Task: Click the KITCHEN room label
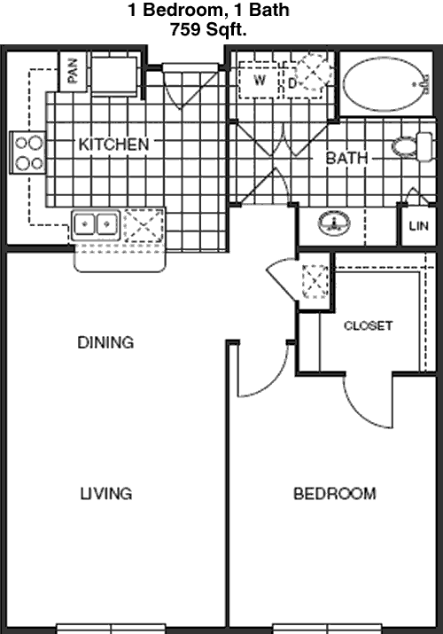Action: (114, 145)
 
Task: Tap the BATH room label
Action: (347, 158)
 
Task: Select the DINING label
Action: (105, 342)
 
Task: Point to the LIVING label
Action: (106, 494)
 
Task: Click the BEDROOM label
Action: (335, 494)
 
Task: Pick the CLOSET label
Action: (368, 325)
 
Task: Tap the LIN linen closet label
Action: (419, 225)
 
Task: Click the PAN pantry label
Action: (73, 71)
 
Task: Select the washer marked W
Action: (259, 80)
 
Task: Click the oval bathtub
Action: (385, 84)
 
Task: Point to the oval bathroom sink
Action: (334, 223)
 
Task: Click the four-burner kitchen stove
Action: (27, 153)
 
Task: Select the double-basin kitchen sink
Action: (96, 224)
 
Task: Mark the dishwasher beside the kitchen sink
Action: (144, 225)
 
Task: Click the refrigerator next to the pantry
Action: (115, 75)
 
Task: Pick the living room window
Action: (111, 629)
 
